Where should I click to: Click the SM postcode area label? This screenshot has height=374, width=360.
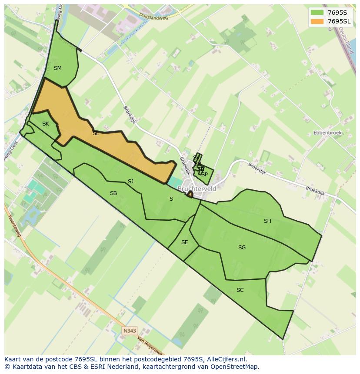(58, 68)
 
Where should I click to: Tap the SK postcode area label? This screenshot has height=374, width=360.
(46, 124)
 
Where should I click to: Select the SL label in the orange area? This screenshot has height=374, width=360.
(96, 133)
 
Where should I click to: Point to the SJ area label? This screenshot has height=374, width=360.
(130, 182)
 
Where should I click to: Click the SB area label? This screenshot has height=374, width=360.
(113, 193)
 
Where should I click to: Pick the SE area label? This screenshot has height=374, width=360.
(184, 242)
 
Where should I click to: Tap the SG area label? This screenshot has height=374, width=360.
(242, 248)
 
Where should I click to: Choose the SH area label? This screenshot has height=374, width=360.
(267, 221)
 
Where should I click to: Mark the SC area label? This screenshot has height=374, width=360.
(240, 290)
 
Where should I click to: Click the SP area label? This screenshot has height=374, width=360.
(204, 174)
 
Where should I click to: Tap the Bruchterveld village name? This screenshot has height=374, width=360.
(197, 189)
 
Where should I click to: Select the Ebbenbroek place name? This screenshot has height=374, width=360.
(327, 132)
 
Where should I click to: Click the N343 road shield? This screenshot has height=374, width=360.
(129, 331)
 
